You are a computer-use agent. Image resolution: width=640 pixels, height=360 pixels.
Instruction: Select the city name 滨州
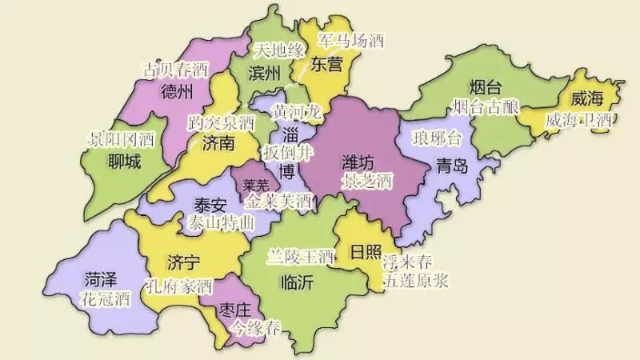[265, 74]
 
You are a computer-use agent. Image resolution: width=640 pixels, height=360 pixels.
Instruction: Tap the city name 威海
[586, 99]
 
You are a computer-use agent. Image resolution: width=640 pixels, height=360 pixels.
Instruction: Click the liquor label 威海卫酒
[578, 120]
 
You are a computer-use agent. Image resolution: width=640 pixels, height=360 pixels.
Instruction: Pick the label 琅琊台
[438, 139]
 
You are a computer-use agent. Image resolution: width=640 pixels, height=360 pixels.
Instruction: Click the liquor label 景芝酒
[366, 182]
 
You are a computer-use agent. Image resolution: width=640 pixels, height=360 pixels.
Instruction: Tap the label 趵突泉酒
[220, 123]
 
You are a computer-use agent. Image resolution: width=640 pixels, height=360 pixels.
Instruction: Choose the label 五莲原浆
[415, 281]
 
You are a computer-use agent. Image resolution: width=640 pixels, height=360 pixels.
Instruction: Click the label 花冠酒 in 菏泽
[105, 300]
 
